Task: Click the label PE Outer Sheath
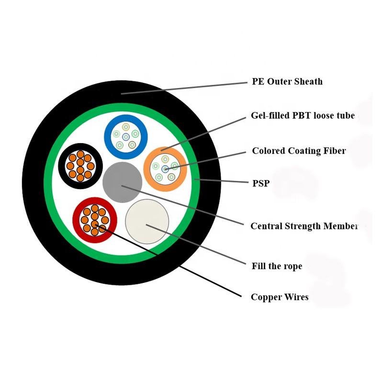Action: [287, 81]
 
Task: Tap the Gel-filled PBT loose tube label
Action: [303, 116]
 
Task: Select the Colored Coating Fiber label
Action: [299, 151]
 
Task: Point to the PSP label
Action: [261, 182]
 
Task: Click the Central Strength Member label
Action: [304, 226]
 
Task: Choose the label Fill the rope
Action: [277, 266]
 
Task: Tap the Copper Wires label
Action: [280, 297]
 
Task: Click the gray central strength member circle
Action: [122, 182]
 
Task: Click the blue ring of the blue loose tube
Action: [108, 136]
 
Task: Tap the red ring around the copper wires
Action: [77, 221]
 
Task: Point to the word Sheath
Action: [309, 81]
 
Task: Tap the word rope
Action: [292, 266]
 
